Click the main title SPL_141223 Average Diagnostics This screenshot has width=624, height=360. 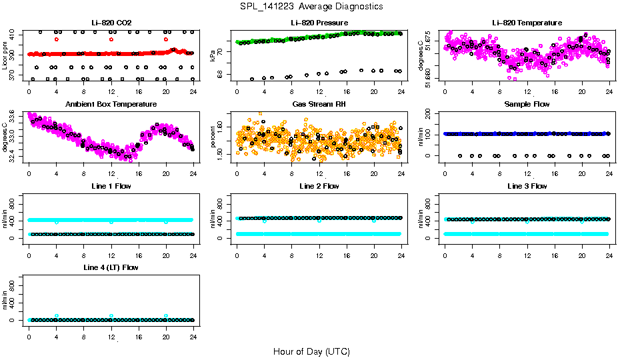click(312, 6)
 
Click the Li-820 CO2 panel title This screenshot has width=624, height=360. click(111, 23)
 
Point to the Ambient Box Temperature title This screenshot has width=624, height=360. click(111, 105)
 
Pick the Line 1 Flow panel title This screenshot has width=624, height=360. click(111, 186)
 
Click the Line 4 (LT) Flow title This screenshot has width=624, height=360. click(111, 267)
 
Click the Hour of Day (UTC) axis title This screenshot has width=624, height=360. click(312, 351)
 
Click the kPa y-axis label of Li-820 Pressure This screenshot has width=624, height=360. click(213, 56)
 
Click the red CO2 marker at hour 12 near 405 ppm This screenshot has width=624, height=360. click(111, 39)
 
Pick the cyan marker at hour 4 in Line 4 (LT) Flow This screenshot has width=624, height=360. click(57, 316)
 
